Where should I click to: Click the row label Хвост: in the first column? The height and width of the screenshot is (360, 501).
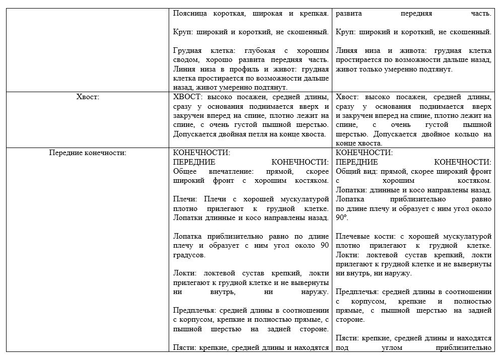click(x=89, y=97)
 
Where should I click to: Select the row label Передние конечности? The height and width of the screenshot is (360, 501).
click(x=88, y=153)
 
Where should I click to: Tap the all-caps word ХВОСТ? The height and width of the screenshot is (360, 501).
click(x=186, y=97)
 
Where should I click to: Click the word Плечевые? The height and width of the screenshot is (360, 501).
click(x=351, y=236)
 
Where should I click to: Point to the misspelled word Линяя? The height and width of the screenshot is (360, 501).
click(x=346, y=51)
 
